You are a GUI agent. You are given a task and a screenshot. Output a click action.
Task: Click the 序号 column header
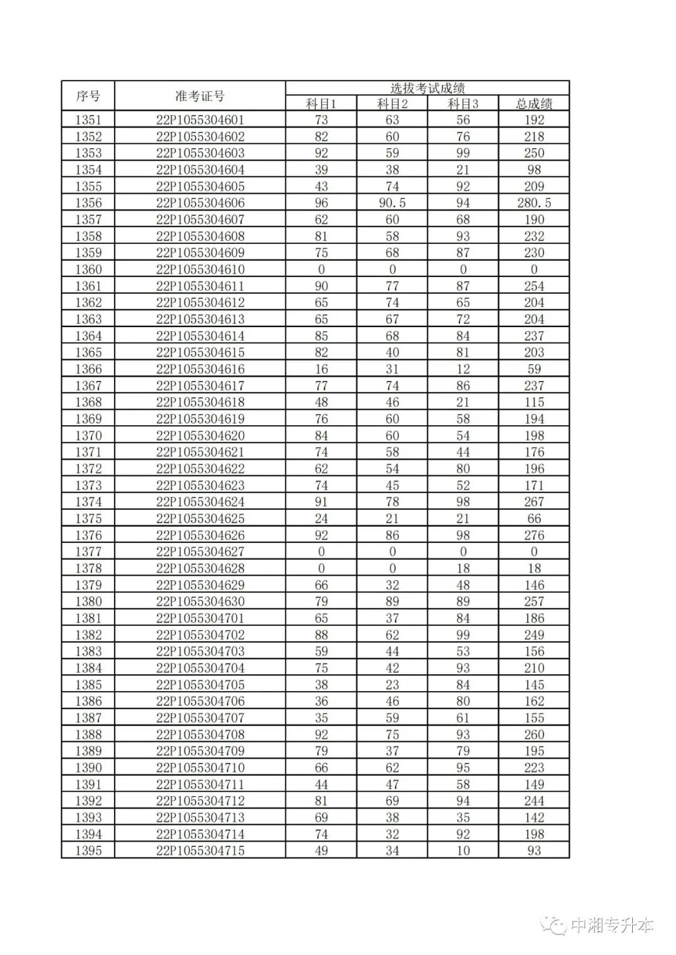pyautogui.click(x=88, y=96)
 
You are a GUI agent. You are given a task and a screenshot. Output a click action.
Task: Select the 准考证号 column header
pyautogui.click(x=200, y=96)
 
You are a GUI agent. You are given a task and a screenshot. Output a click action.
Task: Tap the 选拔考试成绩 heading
pyautogui.click(x=428, y=88)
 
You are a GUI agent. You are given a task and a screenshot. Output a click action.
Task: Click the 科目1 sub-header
pyautogui.click(x=321, y=104)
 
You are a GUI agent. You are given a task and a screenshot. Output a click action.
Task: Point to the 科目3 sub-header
pyautogui.click(x=463, y=104)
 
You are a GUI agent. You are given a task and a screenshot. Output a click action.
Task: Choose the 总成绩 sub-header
pyautogui.click(x=534, y=104)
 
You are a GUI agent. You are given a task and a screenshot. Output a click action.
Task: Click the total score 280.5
pyautogui.click(x=534, y=203)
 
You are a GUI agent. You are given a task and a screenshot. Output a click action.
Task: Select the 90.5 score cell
pyautogui.click(x=392, y=203)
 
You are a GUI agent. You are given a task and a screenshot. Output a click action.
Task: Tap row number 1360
pyautogui.click(x=88, y=270)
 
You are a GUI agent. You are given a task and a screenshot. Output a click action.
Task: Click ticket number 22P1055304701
pyautogui.click(x=200, y=618)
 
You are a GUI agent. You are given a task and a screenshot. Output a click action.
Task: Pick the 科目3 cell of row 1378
pyautogui.click(x=463, y=568)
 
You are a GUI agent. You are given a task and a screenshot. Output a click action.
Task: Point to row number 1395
pyautogui.click(x=88, y=851)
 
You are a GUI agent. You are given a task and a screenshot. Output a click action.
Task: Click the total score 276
pyautogui.click(x=534, y=535)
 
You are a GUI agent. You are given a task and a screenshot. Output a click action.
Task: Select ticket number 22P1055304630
pyautogui.click(x=200, y=602)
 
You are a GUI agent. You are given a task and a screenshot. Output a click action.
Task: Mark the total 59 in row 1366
pyautogui.click(x=534, y=369)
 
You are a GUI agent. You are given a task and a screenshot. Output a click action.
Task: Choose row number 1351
pyautogui.click(x=88, y=120)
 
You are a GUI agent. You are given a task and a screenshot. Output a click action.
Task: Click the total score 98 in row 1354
pyautogui.click(x=534, y=169)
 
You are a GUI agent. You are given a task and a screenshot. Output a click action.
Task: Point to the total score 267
pyautogui.click(x=534, y=502)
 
